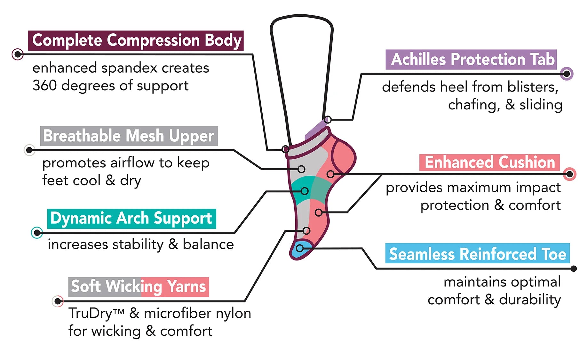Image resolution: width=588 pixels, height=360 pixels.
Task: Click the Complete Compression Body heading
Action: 136,41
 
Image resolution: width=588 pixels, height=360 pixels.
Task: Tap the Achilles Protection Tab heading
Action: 471,60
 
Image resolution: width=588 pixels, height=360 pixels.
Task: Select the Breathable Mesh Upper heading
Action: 129,136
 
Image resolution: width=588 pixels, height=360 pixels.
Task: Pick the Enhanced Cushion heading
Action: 489,163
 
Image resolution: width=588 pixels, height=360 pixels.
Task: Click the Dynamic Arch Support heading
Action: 131,219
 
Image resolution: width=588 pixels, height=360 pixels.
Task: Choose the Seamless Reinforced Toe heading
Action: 477,254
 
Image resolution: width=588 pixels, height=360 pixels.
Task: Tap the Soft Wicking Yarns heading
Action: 139,287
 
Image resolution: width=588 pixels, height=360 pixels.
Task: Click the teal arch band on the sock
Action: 307,189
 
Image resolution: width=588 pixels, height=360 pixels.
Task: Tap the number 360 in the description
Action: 44,86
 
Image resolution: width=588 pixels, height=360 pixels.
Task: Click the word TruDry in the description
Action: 91,313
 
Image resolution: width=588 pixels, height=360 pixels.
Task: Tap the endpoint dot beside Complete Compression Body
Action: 18,54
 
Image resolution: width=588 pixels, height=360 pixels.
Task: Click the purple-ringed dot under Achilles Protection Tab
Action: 567,74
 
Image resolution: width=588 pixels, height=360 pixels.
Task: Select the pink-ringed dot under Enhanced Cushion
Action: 569,174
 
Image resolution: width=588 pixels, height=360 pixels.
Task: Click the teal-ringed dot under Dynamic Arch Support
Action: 37,233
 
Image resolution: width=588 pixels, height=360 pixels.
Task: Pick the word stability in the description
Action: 138,245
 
